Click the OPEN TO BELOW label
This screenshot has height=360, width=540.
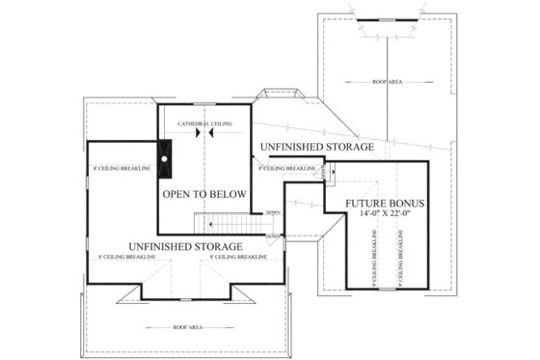(203, 194)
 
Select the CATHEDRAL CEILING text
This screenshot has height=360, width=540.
(203, 125)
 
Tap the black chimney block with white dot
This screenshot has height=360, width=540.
(165, 159)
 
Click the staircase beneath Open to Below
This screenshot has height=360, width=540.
(229, 224)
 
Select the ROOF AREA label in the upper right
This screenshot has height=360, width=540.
(387, 83)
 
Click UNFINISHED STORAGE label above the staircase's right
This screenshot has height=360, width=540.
(316, 147)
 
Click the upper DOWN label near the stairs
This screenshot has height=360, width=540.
(273, 211)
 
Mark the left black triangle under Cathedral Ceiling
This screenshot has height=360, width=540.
(197, 134)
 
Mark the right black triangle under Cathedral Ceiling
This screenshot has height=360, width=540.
(210, 134)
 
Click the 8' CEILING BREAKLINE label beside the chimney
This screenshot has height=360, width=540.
(121, 169)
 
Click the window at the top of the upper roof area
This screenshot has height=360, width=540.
(387, 18)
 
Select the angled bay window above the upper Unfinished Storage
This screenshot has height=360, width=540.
(281, 96)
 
